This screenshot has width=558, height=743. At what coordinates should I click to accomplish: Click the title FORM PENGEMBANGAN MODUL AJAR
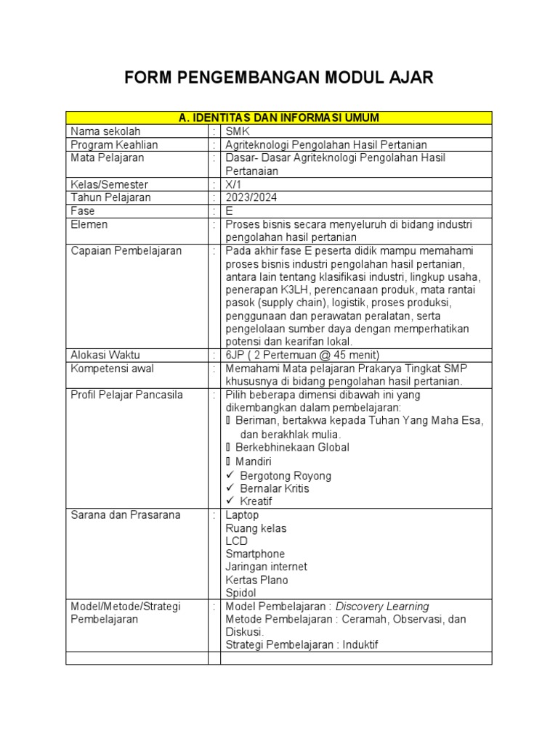tap(279, 78)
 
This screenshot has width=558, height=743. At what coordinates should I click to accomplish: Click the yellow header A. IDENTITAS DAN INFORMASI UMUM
tap(279, 118)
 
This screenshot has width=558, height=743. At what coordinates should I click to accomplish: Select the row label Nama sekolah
tap(105, 131)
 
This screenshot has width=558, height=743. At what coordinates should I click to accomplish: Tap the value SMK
tap(238, 131)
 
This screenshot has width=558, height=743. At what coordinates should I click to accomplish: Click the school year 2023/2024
tap(251, 197)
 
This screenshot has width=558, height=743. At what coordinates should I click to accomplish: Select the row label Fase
tap(83, 210)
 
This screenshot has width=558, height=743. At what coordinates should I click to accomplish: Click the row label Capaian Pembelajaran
tap(126, 250)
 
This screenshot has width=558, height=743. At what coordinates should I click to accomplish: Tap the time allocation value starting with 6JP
tap(302, 355)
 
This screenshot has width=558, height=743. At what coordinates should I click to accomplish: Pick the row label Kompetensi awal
tap(112, 369)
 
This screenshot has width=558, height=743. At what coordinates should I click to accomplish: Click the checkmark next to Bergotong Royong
tap(230, 475)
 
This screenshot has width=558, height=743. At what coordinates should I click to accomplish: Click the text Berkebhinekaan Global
tap(292, 448)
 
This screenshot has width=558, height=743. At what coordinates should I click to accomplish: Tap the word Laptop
tap(242, 515)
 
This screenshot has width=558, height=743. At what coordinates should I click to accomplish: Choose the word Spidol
tap(240, 593)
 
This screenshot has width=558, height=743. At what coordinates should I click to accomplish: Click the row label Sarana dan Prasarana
tap(125, 515)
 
